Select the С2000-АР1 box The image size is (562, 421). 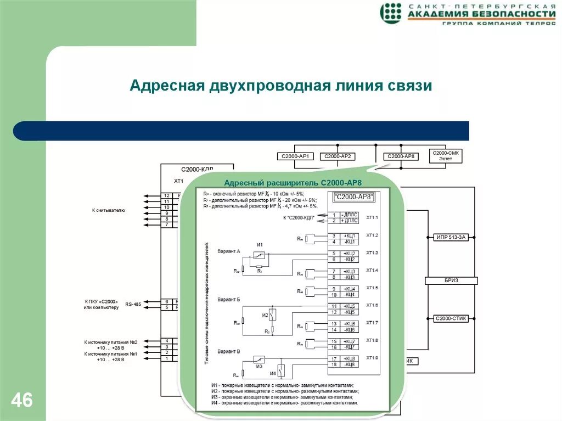[295, 156]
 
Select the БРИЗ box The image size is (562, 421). [451, 280]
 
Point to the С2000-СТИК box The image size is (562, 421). [451, 318]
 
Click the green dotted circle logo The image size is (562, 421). [391, 13]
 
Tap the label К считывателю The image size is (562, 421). [108, 210]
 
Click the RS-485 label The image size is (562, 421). [133, 304]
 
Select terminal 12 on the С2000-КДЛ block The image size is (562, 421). [166, 196]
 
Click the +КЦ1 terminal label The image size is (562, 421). [350, 236]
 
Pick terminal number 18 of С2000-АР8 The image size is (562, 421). [333, 364]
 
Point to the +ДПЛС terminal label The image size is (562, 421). [350, 221]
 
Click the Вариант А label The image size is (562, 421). [229, 251]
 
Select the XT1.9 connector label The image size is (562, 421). [372, 358]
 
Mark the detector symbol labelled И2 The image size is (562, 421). [271, 315]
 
